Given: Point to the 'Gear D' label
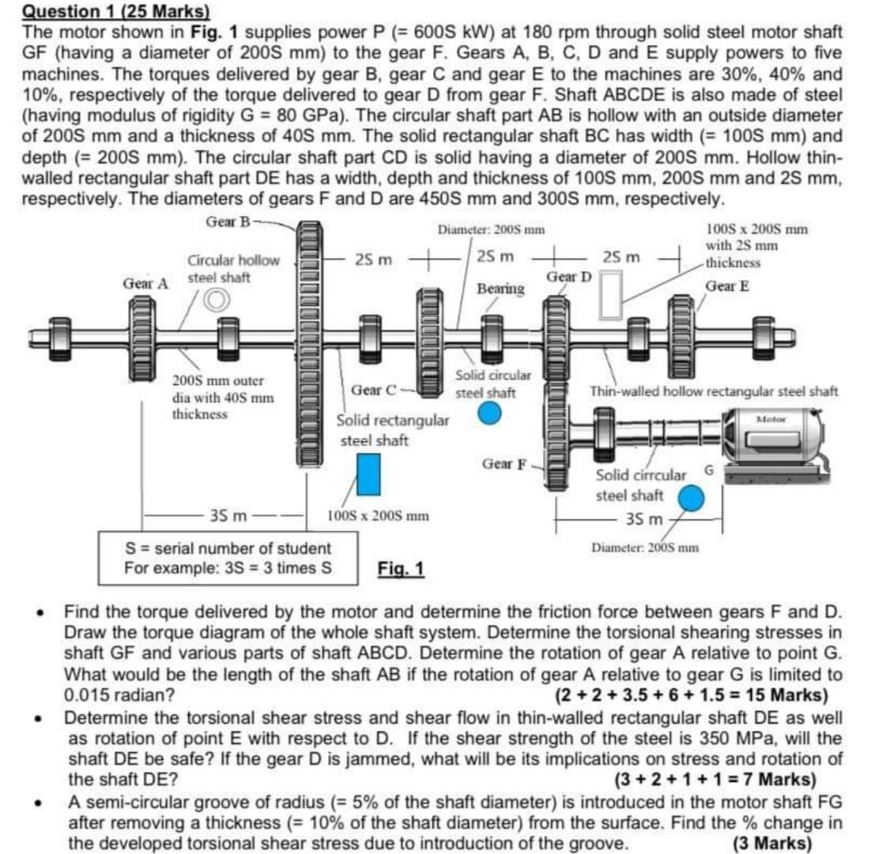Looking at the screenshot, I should tap(568, 277).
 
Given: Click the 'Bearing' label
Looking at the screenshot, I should tap(500, 289).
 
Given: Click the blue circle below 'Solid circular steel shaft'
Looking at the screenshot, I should tap(490, 413).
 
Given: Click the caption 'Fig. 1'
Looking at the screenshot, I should tap(401, 569).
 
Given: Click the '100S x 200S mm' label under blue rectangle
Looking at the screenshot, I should tap(378, 516).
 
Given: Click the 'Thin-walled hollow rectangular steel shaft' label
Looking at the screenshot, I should tap(714, 391).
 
